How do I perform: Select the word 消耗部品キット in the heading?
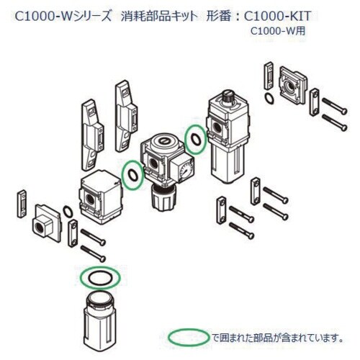(158, 14)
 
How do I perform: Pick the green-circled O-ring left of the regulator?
(131, 175)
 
